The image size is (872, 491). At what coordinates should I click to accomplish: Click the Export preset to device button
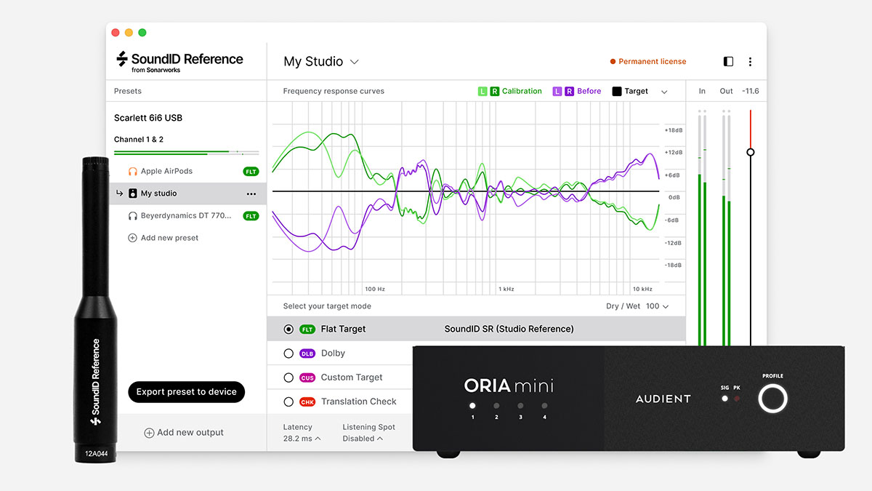(x=187, y=391)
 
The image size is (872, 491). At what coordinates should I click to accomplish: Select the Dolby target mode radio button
(x=288, y=354)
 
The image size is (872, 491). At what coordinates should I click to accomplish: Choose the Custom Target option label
(x=352, y=378)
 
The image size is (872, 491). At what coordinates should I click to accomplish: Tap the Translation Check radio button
(x=288, y=402)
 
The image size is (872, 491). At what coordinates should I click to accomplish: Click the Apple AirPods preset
(x=166, y=171)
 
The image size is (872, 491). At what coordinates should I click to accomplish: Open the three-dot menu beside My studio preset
(x=251, y=193)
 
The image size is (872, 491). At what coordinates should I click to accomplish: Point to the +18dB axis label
(x=673, y=130)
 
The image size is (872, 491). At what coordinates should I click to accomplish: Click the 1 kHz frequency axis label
(x=506, y=289)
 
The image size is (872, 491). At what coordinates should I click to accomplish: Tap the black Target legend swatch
(x=617, y=92)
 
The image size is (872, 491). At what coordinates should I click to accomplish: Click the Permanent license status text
(x=652, y=62)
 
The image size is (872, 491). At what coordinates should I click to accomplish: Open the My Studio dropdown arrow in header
(x=355, y=62)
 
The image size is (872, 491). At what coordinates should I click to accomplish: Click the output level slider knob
(x=751, y=152)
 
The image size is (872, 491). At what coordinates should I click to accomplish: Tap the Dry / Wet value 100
(x=653, y=306)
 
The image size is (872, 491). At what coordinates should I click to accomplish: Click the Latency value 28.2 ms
(x=298, y=439)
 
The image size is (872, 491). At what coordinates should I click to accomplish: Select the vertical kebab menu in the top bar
(x=750, y=62)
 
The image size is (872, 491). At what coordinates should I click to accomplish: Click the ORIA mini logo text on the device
(x=509, y=385)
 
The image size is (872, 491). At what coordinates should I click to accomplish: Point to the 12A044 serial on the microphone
(x=96, y=452)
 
